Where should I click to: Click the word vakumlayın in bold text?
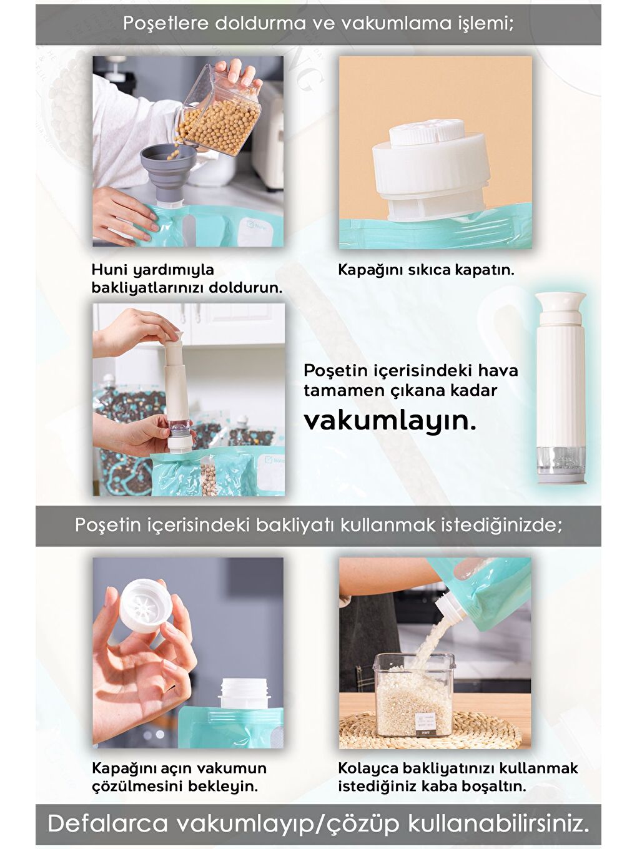[390, 420]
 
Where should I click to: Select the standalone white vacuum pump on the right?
[561, 387]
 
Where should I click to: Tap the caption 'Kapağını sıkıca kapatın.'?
[426, 270]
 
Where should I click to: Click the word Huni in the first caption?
[107, 270]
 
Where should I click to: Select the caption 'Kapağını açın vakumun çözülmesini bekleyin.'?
[179, 777]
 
